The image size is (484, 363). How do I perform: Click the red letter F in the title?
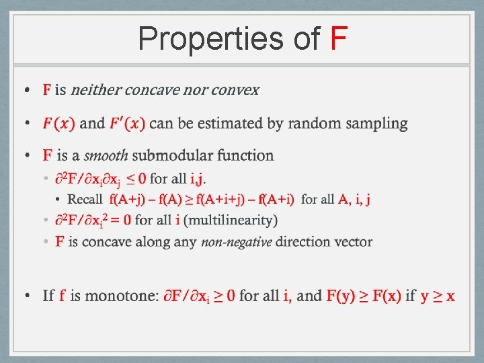[339, 39]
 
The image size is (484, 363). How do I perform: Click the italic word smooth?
[106, 155]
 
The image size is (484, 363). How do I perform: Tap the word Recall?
[85, 199]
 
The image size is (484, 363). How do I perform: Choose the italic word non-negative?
[236, 242]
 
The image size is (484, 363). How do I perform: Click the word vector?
[354, 242]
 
